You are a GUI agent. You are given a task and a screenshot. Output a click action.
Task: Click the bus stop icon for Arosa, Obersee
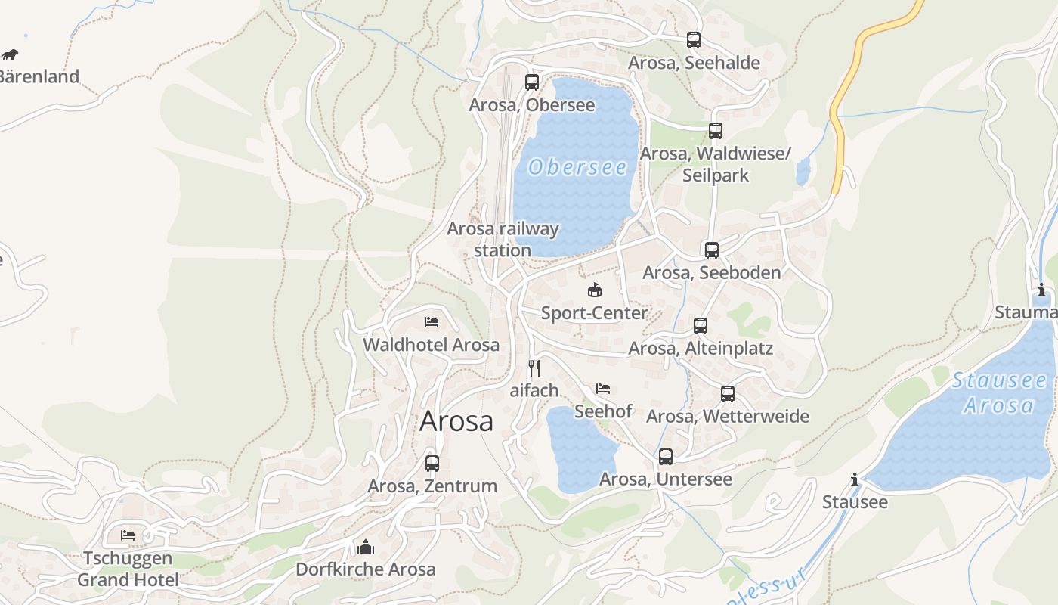tap(532, 82)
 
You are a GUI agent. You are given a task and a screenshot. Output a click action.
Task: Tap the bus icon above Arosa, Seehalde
tap(694, 40)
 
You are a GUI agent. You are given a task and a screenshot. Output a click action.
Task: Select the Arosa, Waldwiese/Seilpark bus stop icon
tap(716, 131)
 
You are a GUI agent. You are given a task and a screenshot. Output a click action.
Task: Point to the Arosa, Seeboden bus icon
tap(712, 250)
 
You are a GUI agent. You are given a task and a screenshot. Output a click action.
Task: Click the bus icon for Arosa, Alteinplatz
tap(701, 326)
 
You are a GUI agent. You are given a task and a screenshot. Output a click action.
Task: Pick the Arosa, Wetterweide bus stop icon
tap(728, 394)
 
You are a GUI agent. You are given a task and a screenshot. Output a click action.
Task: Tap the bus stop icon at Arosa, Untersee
tap(666, 457)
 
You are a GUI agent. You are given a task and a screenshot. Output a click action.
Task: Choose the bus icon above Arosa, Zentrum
tap(432, 464)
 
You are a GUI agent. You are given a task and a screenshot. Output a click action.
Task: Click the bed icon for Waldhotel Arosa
tap(432, 322)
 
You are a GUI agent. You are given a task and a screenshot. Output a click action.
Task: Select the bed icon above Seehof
tap(603, 389)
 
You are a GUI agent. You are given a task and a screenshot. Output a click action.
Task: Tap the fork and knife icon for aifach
tap(534, 368)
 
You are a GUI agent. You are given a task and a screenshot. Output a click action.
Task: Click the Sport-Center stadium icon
tap(595, 290)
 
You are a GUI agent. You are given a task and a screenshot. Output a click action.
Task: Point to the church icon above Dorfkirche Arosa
tap(366, 547)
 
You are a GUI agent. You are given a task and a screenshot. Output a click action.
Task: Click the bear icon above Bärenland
tap(10, 54)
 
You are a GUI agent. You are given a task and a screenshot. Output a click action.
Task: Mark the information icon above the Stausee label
tap(855, 479)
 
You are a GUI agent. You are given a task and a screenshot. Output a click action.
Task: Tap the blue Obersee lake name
tap(578, 167)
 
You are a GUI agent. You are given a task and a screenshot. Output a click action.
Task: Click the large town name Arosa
tap(456, 421)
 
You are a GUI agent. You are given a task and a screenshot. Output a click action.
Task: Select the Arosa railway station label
tap(503, 239)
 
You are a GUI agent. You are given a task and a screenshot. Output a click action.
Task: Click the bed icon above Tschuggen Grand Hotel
tap(128, 535)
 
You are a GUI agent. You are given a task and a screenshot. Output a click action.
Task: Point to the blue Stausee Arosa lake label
tap(998, 392)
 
